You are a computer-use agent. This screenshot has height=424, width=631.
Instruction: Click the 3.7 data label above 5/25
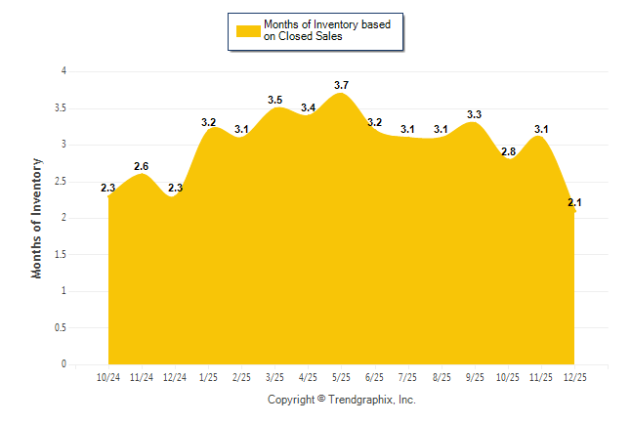(x=341, y=86)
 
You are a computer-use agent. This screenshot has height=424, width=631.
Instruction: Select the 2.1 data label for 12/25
(x=574, y=203)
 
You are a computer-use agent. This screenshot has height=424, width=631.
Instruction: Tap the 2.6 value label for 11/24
(x=142, y=166)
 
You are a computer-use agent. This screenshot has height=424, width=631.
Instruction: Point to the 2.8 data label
(x=508, y=151)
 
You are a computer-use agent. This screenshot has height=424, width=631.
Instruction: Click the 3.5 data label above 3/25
(x=274, y=101)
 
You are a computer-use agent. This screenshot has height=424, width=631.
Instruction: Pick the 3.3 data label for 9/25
(x=475, y=115)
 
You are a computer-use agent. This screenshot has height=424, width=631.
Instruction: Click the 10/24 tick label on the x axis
(x=108, y=376)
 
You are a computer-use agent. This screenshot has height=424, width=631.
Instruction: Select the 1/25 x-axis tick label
(x=208, y=376)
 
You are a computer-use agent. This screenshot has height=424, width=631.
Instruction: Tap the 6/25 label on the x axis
(x=374, y=376)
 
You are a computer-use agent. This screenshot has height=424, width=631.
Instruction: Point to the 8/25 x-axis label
(x=441, y=376)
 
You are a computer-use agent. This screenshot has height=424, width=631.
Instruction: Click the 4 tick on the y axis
(x=63, y=71)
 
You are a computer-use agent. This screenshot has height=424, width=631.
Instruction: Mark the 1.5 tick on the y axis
(x=61, y=254)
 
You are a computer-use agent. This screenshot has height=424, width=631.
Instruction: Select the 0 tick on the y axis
(x=63, y=364)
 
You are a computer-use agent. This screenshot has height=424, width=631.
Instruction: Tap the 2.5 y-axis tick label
(x=61, y=181)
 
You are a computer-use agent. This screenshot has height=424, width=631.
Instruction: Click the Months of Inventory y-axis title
(x=37, y=218)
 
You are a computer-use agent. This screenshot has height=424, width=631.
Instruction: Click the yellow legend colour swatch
(x=248, y=30)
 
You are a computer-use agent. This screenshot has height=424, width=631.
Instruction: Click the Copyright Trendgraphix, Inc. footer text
(x=342, y=400)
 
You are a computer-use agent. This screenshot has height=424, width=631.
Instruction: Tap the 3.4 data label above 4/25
(x=308, y=108)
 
